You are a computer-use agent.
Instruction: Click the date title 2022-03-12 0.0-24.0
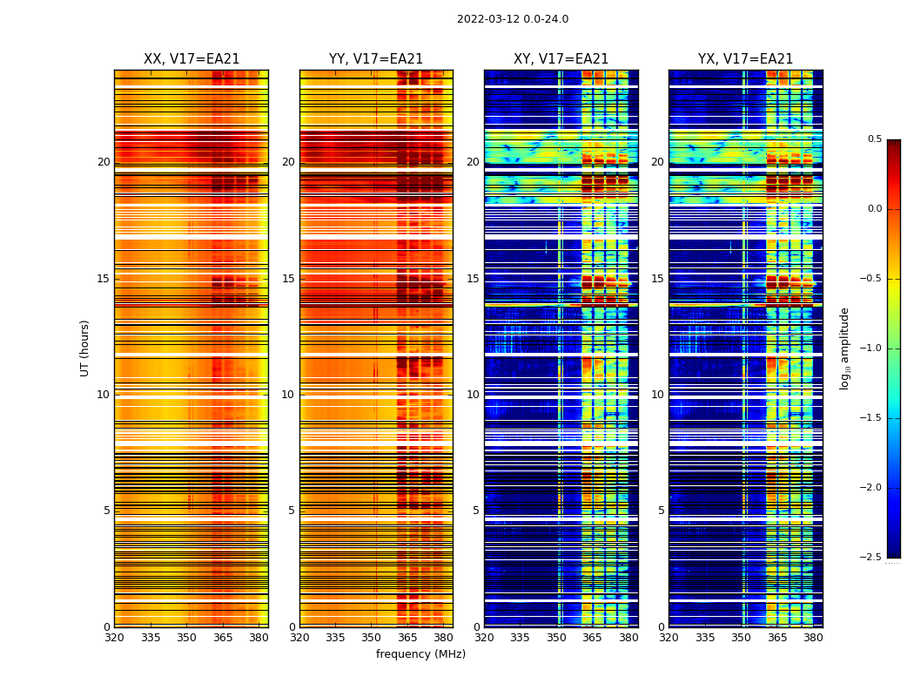[x=513, y=19]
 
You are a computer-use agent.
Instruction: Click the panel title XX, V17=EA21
[x=192, y=59]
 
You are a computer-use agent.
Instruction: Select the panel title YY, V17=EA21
[x=376, y=59]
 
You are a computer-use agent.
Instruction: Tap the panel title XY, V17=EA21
[x=561, y=59]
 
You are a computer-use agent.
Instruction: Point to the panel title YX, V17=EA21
[x=745, y=59]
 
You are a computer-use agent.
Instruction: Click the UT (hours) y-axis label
[x=84, y=348]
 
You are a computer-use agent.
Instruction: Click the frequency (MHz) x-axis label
[x=420, y=654]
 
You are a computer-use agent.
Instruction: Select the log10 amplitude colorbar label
[x=844, y=348]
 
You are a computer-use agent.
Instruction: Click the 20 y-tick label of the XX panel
[x=104, y=162]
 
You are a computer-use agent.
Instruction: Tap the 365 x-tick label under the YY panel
[x=407, y=638]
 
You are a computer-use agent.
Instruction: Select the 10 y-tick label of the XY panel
[x=473, y=395]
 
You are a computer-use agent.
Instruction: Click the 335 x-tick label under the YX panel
[x=705, y=638]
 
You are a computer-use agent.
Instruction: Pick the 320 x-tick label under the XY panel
[x=484, y=638]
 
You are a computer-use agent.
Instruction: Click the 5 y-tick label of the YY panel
[x=292, y=511]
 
